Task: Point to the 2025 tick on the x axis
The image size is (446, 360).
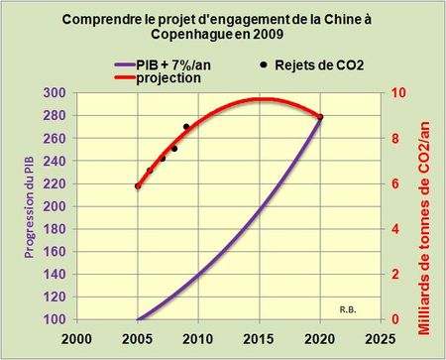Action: [378, 337]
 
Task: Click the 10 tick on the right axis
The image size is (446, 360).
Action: [398, 92]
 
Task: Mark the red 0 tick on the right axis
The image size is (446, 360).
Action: [395, 319]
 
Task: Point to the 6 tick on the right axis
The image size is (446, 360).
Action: [395, 183]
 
